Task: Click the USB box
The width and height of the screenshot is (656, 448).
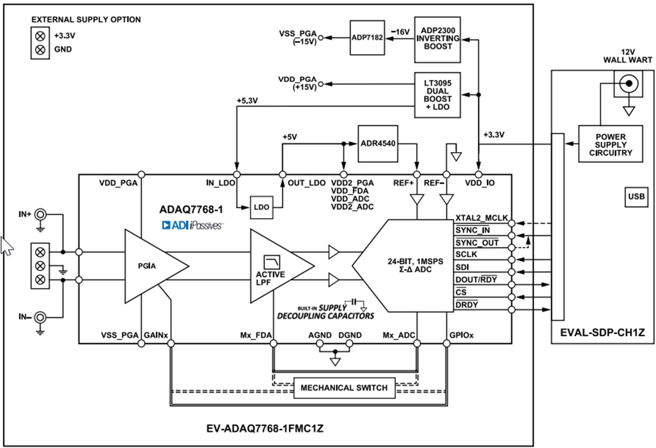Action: click(636, 196)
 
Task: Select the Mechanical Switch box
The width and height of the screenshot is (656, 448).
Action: click(344, 388)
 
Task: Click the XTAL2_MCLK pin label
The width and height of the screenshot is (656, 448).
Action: click(481, 218)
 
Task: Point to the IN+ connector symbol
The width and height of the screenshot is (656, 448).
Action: click(40, 215)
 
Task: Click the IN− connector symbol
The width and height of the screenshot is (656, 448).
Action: click(40, 317)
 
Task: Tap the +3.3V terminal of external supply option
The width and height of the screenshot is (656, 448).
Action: click(40, 36)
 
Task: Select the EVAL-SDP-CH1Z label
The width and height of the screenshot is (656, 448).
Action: click(602, 332)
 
